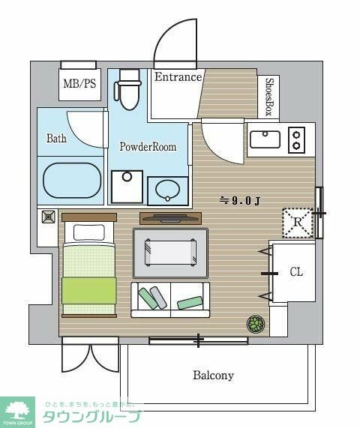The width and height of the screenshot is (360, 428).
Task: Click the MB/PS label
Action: coord(79,83)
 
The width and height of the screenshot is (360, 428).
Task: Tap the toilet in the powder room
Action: coord(127,89)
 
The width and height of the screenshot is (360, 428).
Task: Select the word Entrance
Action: coord(178,77)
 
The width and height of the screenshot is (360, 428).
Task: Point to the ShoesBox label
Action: coord(269,97)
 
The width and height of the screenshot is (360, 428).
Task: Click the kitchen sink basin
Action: coord(265,139)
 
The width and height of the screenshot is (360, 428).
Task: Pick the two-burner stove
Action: coord(297,140)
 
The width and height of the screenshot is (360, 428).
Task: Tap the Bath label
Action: coord(56,138)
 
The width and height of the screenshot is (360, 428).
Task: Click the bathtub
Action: coord(73,181)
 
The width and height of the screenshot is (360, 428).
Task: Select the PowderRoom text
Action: coord(148,147)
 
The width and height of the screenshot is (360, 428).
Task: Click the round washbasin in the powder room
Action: coord(168,190)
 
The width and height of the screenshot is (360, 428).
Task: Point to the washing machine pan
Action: coord(127,187)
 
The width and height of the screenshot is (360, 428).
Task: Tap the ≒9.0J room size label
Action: coord(239,201)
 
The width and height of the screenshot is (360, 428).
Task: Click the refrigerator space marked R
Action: coord(298,223)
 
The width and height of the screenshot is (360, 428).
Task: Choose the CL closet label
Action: coord(296,272)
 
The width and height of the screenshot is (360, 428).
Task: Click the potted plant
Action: coord(256,324)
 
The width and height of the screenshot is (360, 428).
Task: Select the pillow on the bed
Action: coord(89,232)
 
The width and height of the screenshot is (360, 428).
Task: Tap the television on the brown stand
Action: coord(171,217)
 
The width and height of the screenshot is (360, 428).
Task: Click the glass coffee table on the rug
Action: coord(170,252)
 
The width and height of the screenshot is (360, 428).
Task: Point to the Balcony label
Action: coord(213,375)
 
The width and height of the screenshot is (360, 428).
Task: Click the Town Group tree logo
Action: coord(17,412)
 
